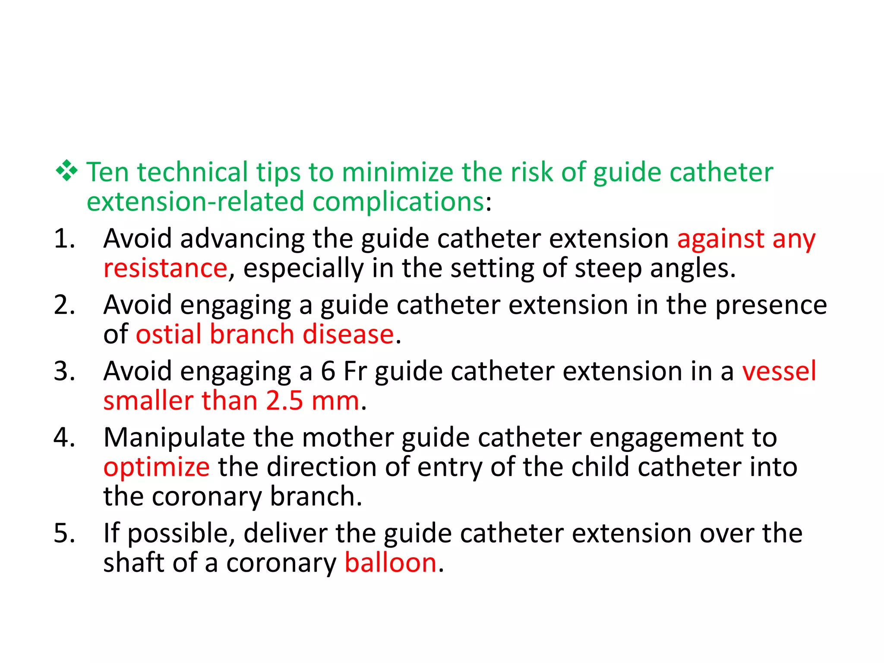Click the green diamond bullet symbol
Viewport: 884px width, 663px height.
pyautogui.click(x=66, y=171)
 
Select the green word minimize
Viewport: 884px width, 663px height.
pyautogui.click(x=398, y=172)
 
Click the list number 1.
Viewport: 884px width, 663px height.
pyautogui.click(x=64, y=239)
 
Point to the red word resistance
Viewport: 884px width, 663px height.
pyautogui.click(x=165, y=268)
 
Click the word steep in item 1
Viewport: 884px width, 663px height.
pyautogui.click(x=608, y=269)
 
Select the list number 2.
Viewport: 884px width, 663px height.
pyautogui.click(x=64, y=305)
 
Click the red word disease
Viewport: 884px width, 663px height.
pyautogui.click(x=348, y=335)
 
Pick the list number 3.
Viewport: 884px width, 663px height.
pyautogui.click(x=64, y=371)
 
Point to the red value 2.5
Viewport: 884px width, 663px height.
pyautogui.click(x=284, y=401)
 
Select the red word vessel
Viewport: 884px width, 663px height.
pyautogui.click(x=779, y=371)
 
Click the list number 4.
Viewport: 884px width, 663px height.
pyautogui.click(x=64, y=438)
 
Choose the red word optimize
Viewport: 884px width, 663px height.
pyautogui.click(x=157, y=468)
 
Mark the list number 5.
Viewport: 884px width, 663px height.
pyautogui.click(x=64, y=534)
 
